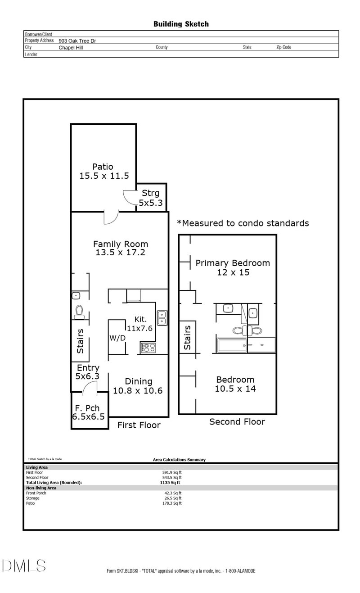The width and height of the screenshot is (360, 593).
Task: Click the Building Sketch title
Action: [181, 24]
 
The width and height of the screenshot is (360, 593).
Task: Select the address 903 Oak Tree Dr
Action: [77, 41]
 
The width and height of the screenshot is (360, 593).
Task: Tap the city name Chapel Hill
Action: [71, 48]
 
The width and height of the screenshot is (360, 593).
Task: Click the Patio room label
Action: [103, 167]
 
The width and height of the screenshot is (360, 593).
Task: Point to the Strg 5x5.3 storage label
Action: [151, 198]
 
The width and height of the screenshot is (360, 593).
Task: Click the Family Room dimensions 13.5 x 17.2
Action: [120, 252]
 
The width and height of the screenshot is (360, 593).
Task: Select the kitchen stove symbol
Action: [148, 348]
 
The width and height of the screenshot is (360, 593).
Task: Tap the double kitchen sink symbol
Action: [162, 318]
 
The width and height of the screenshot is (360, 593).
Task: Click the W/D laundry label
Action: [117, 338]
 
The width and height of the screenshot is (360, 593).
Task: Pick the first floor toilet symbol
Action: [79, 312]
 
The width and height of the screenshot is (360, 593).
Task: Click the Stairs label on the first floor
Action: [80, 341]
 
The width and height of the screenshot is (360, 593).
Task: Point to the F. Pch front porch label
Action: [87, 408]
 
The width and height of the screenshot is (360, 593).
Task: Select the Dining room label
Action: [138, 381]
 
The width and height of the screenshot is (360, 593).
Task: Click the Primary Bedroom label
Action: [233, 263]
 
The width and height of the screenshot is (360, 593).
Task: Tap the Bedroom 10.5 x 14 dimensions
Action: [235, 389]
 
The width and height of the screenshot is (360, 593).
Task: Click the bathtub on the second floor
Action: [232, 345]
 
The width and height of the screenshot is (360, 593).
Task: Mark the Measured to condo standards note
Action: [243, 223]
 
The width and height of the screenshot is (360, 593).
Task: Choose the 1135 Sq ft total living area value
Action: [170, 483]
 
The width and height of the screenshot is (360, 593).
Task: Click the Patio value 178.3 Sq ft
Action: [172, 503]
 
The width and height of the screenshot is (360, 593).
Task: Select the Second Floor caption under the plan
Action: [237, 422]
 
